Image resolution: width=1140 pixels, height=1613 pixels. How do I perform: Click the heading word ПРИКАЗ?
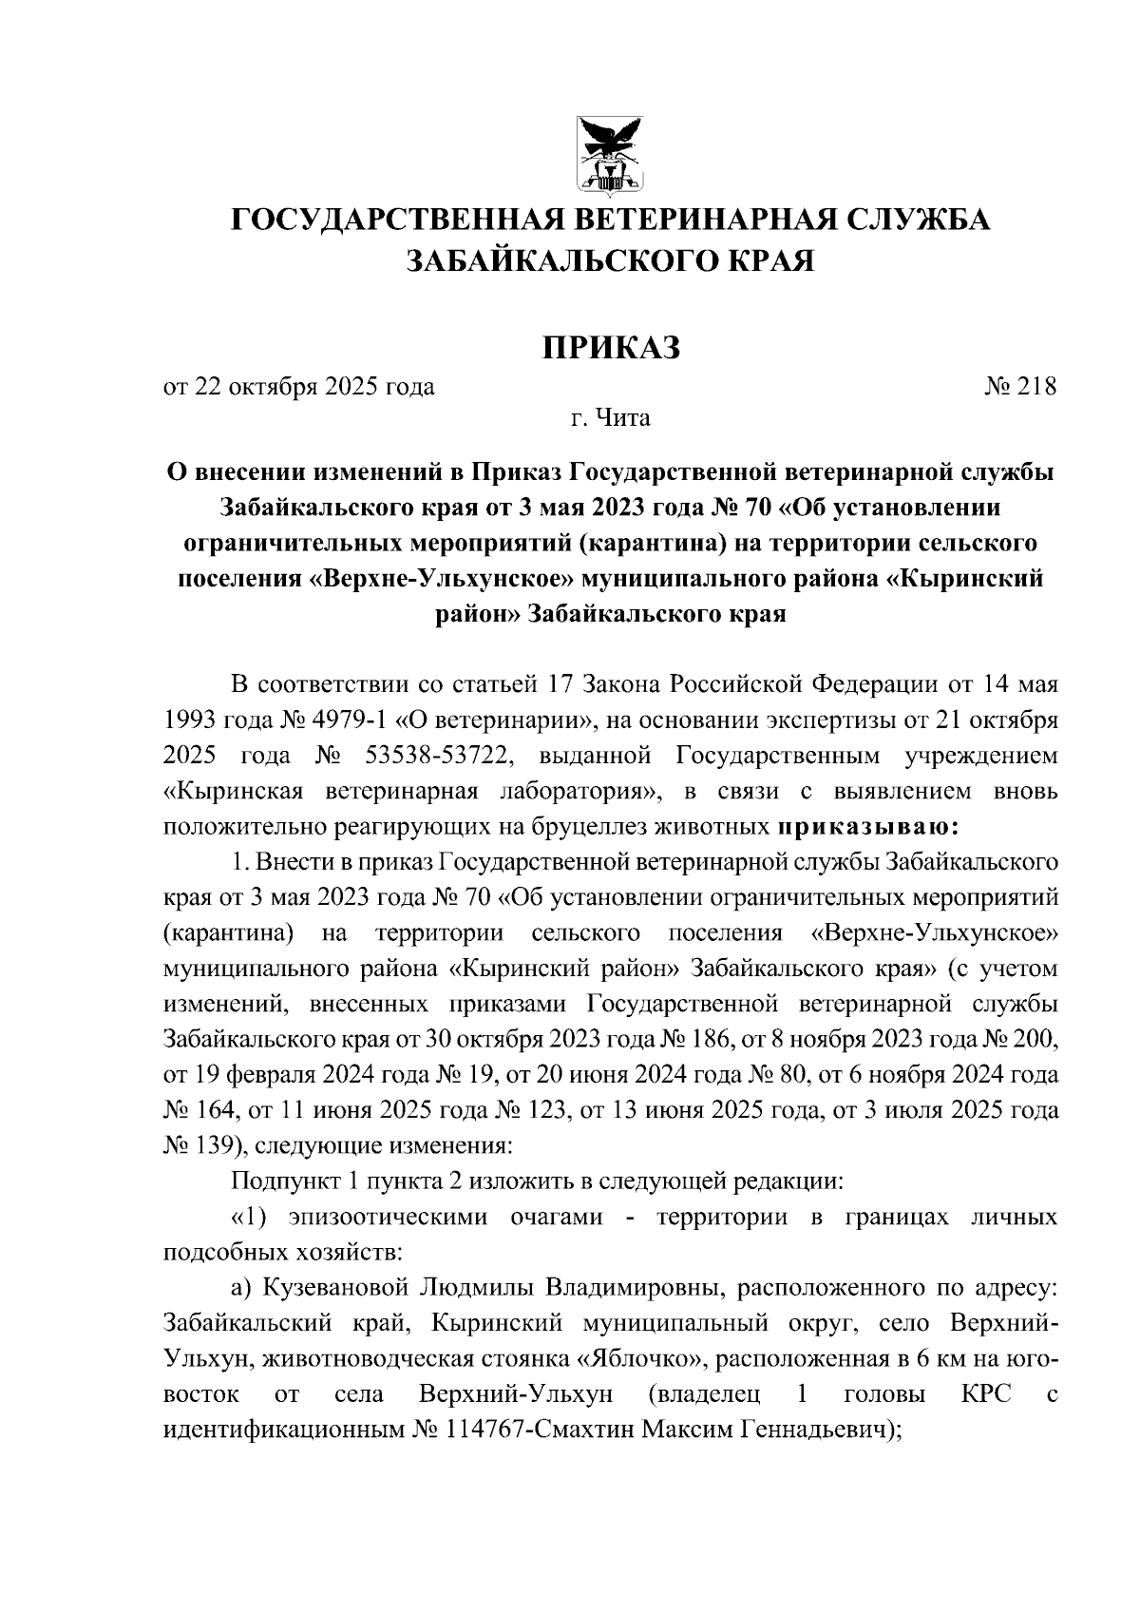pos(611,348)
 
